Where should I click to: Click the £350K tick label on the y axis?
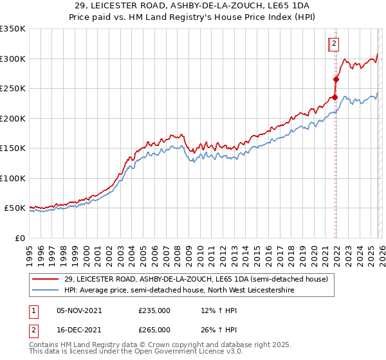pos(13,29)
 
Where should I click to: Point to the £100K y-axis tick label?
pos(13,178)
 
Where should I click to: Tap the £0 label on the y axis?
pos(21,238)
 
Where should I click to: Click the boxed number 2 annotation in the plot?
pos(335,44)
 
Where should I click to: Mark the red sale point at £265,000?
pos(336,80)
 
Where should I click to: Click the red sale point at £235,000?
pos(335,98)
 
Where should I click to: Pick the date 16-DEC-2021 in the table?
pos(78,330)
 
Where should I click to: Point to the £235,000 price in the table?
pos(154,310)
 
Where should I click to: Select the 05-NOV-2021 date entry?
pos(78,310)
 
